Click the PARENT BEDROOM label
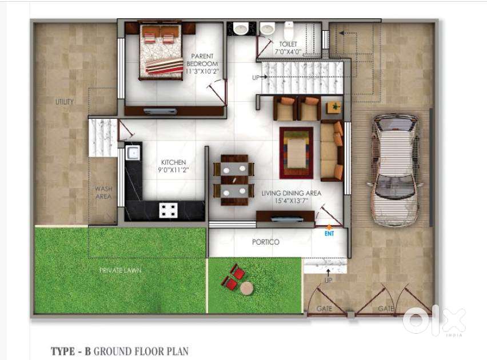202,60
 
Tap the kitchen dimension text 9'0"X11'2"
173,170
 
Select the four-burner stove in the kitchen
169,210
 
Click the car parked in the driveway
395,170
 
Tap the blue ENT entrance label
329,233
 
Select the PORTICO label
266,242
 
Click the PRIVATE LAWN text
120,270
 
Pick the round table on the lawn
246,288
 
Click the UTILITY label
65,102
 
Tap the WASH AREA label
103,193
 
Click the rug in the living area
296,153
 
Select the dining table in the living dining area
234,180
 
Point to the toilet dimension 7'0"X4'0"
288,51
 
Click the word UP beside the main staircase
256,77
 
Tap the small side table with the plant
334,107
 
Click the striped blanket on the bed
164,66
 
